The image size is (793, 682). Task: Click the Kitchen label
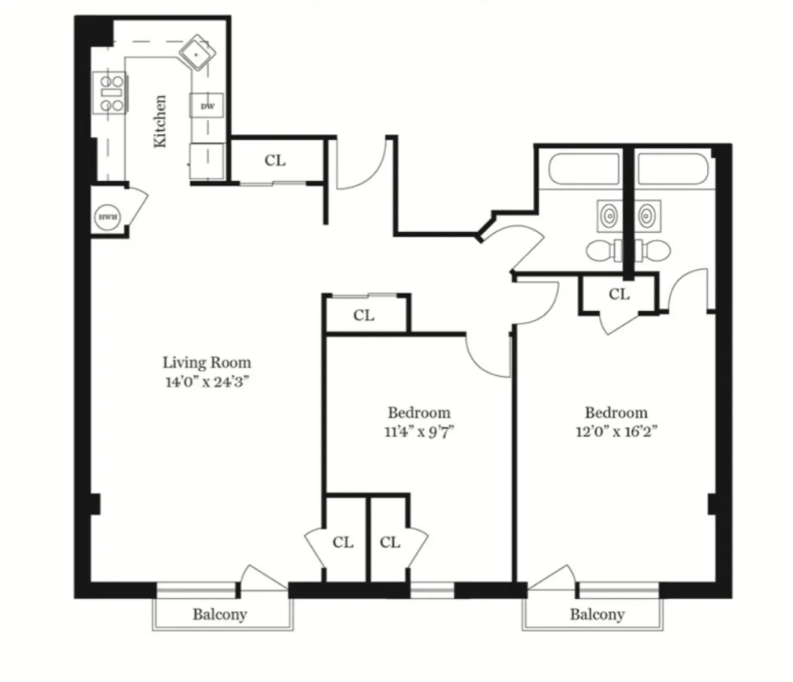coord(160,121)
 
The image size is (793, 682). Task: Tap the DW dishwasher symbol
coord(207,106)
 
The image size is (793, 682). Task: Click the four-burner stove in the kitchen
coord(109,93)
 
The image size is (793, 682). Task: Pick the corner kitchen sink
coord(197,52)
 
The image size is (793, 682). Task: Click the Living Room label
coord(206,362)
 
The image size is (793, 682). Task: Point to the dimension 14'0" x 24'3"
coord(206,381)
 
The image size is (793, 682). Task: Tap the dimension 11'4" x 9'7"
coord(419,432)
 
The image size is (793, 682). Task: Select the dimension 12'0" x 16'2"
coord(616,432)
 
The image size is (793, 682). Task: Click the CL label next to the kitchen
coord(275,160)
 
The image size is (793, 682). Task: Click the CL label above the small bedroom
coord(364,316)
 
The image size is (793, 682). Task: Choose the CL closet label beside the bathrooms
coord(618,294)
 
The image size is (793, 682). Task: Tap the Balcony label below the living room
coord(219,615)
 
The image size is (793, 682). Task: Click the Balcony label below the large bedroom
coord(597,615)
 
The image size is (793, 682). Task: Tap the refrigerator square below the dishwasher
coord(207,161)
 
